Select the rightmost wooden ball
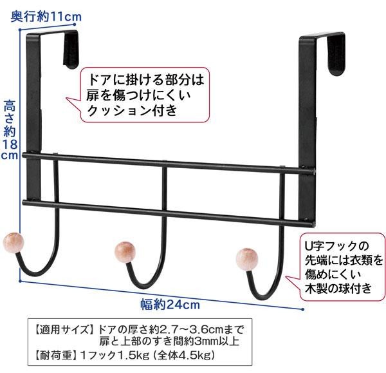[247, 259]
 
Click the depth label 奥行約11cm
[46, 17]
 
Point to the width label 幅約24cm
[170, 305]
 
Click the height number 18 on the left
[10, 144]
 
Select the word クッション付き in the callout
[132, 110]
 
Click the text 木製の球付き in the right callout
[338, 289]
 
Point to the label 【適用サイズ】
[64, 329]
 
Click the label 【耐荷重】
[55, 355]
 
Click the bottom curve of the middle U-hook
[146, 286]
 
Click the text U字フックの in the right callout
[337, 246]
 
